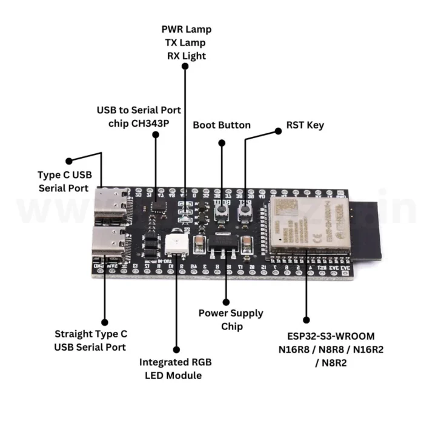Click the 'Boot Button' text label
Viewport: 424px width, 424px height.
(x=222, y=125)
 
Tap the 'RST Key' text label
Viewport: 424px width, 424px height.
(x=305, y=125)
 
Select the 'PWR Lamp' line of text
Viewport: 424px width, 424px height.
(x=187, y=29)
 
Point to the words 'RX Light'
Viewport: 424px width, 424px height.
(x=187, y=56)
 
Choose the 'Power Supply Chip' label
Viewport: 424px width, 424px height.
(x=231, y=320)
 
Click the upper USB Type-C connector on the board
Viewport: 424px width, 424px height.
(x=111, y=205)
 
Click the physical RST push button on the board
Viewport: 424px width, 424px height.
(x=245, y=211)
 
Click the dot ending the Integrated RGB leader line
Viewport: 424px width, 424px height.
(x=177, y=349)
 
